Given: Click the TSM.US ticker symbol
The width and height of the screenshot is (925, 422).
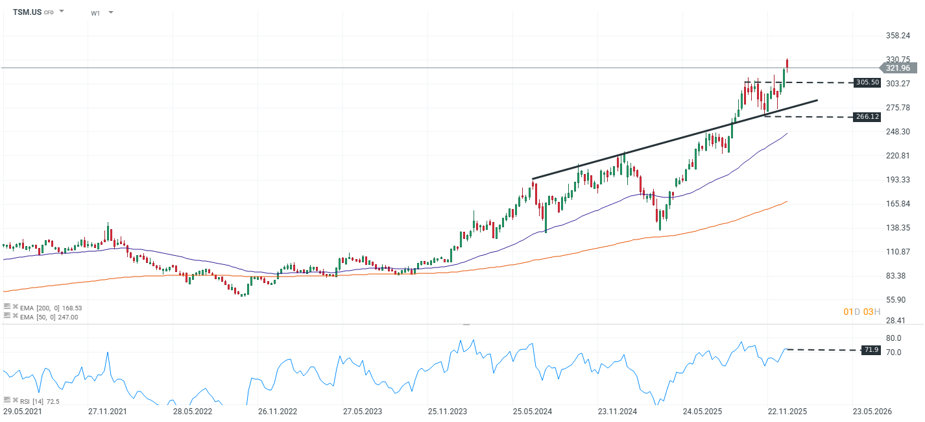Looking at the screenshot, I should pos(27,12).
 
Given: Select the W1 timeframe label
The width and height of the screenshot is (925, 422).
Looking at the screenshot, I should pos(95,13).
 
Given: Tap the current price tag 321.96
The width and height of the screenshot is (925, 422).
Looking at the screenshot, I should pos(898,68).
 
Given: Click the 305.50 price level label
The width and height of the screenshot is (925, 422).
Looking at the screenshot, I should pos(867,82).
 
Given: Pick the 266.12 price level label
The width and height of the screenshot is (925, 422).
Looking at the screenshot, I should pos(867,117).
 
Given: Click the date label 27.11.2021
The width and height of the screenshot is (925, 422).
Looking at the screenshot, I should pos(107,412).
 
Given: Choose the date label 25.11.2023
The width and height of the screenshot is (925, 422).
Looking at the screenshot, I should pos(448,412).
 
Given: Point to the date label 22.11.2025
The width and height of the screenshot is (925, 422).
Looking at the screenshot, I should pos(787,412).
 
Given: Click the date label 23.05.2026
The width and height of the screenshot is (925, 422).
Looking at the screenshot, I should pos(872,412).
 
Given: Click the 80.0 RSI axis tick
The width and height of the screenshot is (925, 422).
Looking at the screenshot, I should pos(893,338).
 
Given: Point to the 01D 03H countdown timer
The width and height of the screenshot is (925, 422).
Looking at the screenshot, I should pos(861,312).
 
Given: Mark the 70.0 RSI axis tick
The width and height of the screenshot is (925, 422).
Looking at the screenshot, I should pos(893,353).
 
